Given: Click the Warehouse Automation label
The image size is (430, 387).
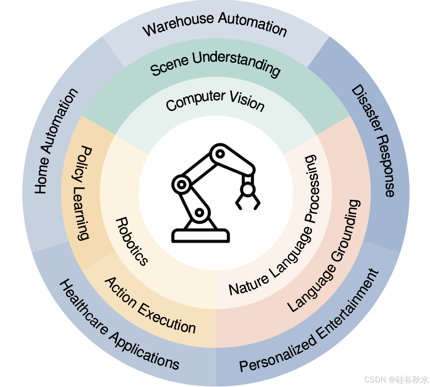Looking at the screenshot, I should tap(215, 25).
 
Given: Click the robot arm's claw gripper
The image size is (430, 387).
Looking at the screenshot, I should tap(248, 197).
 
